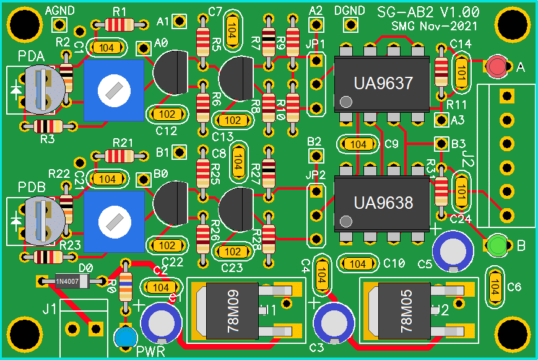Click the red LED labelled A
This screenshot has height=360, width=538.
pyautogui.click(x=497, y=66)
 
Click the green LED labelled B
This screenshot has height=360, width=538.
pyautogui.click(x=498, y=245)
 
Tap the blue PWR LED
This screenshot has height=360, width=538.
pyautogui.click(x=126, y=338)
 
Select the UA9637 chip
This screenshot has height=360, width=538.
pyautogui.click(x=382, y=84)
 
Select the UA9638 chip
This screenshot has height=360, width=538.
pyautogui.click(x=382, y=203)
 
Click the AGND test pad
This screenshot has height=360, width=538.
pyautogui.click(x=59, y=24)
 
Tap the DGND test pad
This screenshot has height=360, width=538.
pyautogui.click(x=351, y=24)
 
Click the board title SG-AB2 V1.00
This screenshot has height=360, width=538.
pyautogui.click(x=427, y=12)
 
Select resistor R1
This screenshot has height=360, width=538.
pyautogui.click(x=120, y=25)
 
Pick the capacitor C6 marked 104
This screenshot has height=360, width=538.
pyautogui.click(x=495, y=286)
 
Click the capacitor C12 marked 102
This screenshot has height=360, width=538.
pyautogui.click(x=167, y=114)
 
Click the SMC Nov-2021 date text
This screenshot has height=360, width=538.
pyautogui.click(x=435, y=27)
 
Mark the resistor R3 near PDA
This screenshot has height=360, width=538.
pyautogui.click(x=47, y=126)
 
